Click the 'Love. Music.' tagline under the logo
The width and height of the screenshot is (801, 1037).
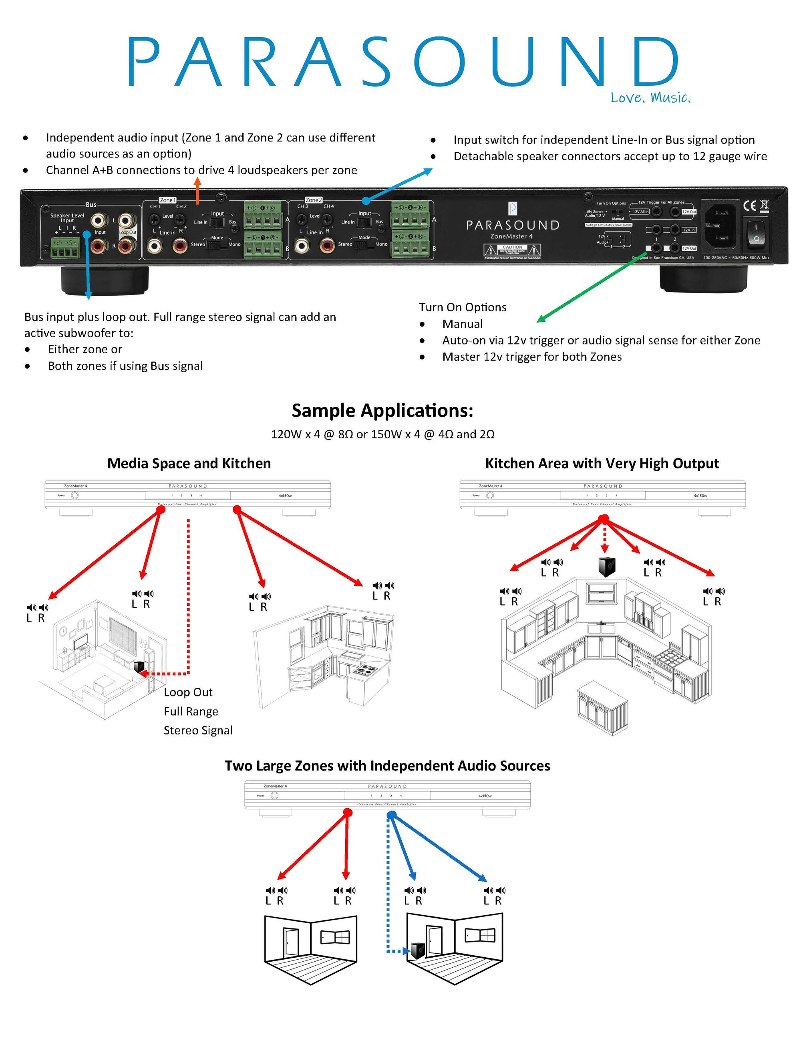650,98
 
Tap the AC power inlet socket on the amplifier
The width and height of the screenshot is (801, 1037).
720,225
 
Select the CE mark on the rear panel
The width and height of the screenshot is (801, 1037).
750,206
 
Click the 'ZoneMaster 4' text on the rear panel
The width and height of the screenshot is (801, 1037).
511,236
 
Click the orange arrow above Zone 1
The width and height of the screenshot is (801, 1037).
197,190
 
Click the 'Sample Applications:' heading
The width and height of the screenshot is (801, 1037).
382,411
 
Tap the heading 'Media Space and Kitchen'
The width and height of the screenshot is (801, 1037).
189,464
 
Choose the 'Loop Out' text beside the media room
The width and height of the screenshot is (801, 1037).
188,692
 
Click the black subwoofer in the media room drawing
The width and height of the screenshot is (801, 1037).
139,667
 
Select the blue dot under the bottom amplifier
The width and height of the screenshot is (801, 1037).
391,815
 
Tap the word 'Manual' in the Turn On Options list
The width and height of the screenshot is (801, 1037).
462,324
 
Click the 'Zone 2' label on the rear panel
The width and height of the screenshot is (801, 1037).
314,200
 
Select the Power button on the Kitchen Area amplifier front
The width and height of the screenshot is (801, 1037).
490,495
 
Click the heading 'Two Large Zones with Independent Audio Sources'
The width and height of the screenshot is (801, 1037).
387,766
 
